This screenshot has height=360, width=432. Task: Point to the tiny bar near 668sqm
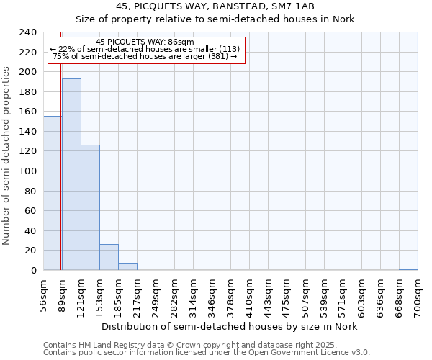[x=408, y=269]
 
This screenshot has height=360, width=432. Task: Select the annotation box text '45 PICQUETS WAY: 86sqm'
[x=145, y=42]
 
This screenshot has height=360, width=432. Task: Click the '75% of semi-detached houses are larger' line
[x=145, y=56]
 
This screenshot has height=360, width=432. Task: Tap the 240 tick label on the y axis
[x=27, y=32]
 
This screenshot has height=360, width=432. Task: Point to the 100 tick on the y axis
[x=27, y=171]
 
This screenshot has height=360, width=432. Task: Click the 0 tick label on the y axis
[x=33, y=271]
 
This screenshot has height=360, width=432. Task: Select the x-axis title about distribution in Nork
[x=229, y=326]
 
